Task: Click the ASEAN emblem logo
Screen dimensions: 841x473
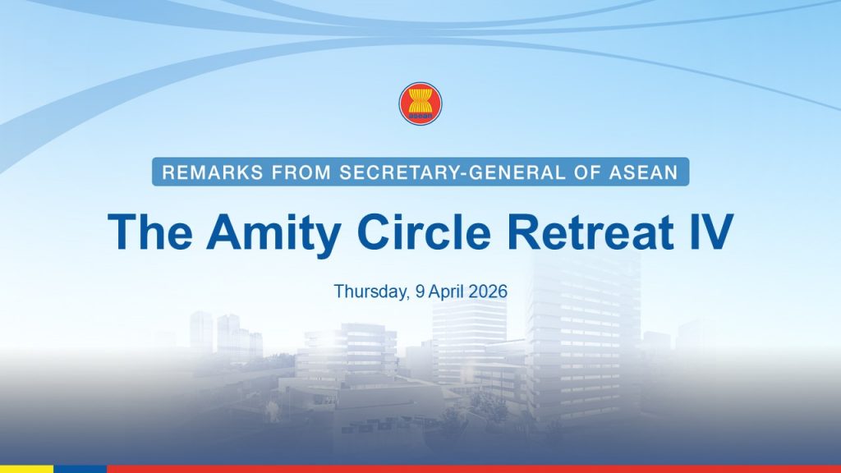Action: [x=420, y=103]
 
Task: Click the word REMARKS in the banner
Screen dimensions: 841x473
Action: [x=213, y=172]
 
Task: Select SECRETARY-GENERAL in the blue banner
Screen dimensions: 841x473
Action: [x=453, y=172]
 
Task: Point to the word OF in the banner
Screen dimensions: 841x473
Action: [x=587, y=172]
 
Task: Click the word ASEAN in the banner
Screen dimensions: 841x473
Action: [x=644, y=172]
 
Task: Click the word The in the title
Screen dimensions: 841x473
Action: [x=150, y=232]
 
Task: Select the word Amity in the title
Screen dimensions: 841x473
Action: [x=273, y=234]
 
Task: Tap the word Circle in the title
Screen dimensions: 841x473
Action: [x=425, y=232]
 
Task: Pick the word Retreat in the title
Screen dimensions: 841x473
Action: [x=591, y=232]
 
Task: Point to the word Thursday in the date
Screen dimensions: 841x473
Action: [x=372, y=292]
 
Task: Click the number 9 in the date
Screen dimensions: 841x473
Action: [x=420, y=292]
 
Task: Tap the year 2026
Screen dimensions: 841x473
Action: [x=488, y=292]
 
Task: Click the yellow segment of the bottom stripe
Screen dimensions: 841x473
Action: [x=27, y=469]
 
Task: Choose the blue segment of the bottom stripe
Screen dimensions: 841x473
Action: [x=80, y=469]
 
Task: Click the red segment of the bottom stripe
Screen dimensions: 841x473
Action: [x=474, y=469]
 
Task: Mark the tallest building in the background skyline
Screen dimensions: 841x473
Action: [x=584, y=343]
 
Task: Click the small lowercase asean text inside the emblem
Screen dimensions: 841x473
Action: [x=420, y=115]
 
